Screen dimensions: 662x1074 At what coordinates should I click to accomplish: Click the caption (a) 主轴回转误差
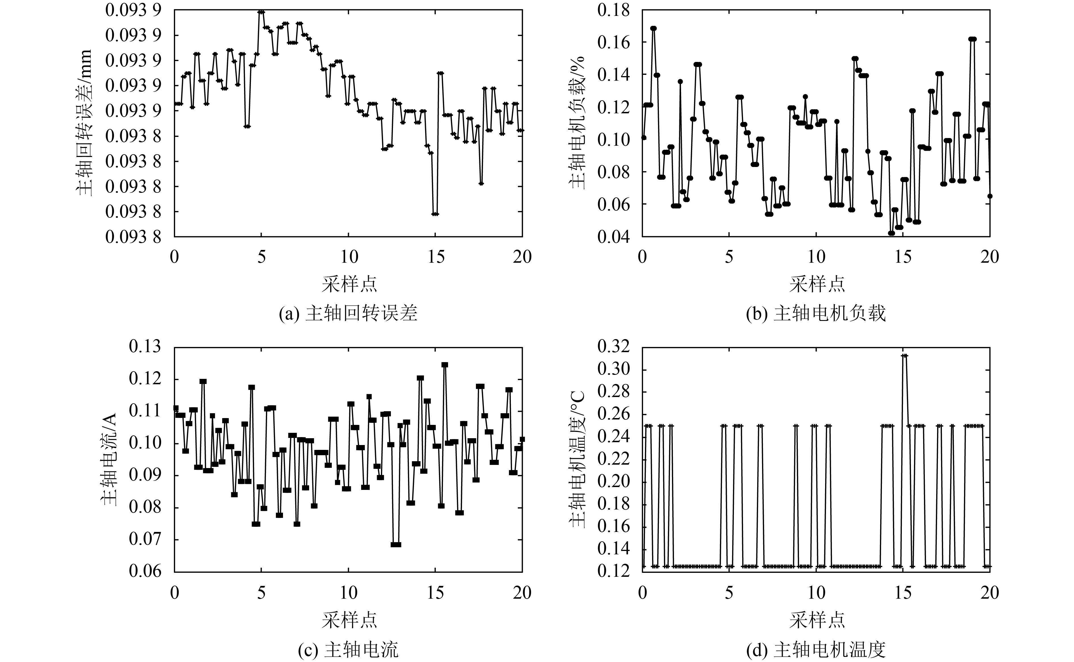point(348,314)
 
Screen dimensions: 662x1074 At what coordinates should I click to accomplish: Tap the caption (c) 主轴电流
point(348,650)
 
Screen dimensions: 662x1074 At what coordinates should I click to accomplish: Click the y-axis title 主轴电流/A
point(110,459)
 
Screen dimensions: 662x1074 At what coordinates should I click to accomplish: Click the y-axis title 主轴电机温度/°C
point(578,459)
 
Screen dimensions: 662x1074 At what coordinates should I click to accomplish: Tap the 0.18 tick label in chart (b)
point(613,11)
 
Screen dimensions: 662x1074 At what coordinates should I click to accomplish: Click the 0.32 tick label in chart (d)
point(613,347)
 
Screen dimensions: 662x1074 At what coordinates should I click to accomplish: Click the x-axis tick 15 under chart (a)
point(435,256)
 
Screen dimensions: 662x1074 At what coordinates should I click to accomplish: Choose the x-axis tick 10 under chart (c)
point(349,593)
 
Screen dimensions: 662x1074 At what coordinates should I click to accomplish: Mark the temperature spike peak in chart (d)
point(904,356)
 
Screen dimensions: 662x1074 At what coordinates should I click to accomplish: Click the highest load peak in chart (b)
point(653,28)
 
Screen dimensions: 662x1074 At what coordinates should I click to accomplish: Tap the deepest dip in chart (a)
point(435,214)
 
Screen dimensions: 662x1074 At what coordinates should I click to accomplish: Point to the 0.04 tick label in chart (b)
point(613,237)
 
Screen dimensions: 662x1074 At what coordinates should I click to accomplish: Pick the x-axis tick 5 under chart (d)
point(729,593)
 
